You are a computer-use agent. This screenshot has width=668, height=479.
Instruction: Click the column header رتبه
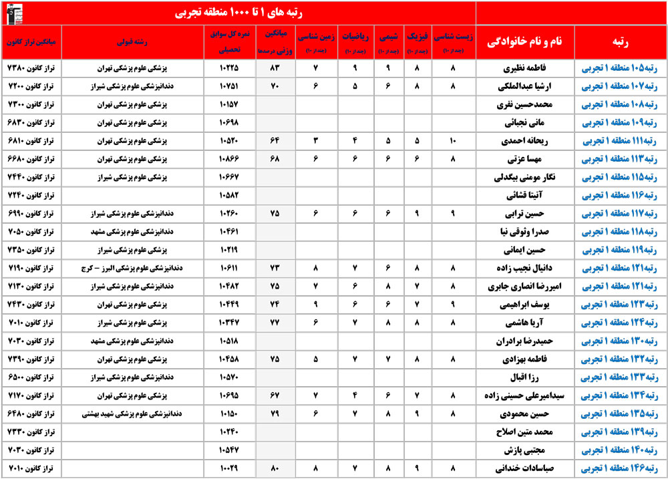click(x=620, y=41)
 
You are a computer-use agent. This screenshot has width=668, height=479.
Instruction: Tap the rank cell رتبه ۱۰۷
click(x=620, y=86)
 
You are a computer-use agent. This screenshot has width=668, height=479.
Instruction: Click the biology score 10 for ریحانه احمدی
click(x=454, y=142)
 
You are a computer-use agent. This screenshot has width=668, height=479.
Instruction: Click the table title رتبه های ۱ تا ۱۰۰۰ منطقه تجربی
click(x=238, y=11)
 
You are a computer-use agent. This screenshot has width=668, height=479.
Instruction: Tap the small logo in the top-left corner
click(x=15, y=11)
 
